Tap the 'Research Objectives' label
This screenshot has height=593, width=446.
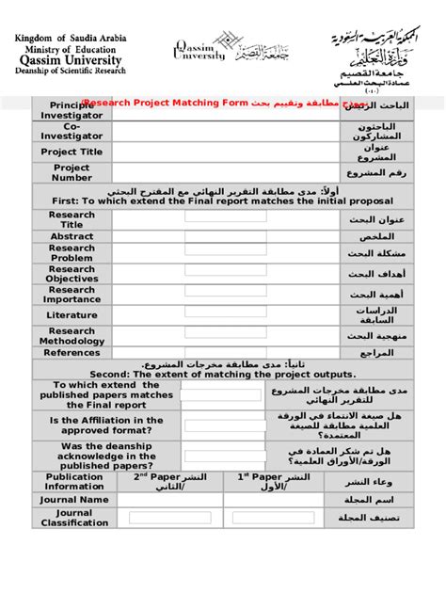coord(72,274)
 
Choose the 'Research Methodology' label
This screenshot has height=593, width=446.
coord(72,336)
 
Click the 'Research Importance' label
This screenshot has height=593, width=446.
coord(72,295)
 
